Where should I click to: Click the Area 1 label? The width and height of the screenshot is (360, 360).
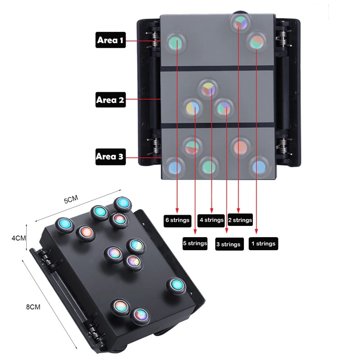110,40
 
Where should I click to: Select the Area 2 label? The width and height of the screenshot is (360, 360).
110,99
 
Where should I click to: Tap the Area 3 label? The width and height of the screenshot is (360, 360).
110,157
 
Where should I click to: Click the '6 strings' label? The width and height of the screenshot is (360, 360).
177,220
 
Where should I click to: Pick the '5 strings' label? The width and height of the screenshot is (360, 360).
195,243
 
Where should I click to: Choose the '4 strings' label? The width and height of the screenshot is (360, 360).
211,220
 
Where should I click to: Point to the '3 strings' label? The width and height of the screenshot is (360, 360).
229,244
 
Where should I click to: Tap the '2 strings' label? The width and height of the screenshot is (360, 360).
240,220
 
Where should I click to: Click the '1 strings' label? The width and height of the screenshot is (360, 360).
263,243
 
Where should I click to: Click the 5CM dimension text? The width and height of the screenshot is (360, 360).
71,199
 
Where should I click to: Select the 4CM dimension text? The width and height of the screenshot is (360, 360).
18,238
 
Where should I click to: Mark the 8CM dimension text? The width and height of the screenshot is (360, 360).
33,307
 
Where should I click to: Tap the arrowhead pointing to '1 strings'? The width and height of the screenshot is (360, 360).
256,231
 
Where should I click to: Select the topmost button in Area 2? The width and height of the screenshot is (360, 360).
208,88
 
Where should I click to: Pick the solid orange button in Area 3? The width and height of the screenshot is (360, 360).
240,147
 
